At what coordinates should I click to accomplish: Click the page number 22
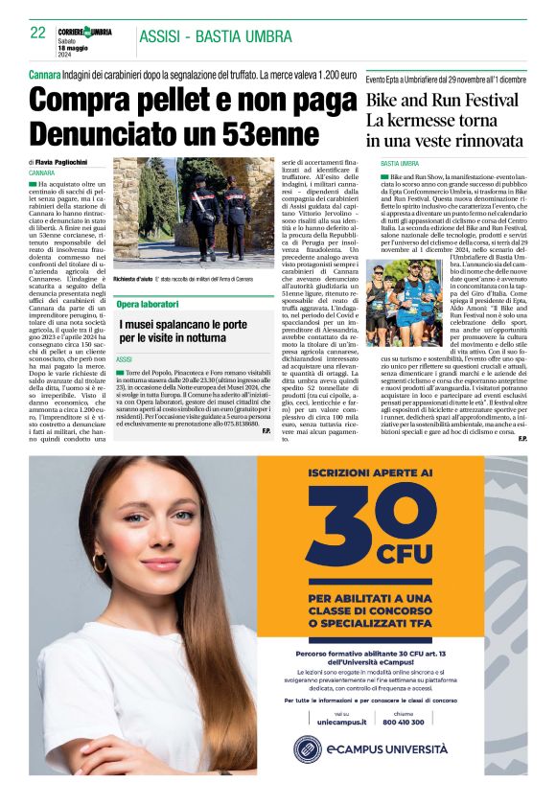click(x=38, y=32)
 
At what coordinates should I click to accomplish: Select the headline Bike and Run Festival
click(x=442, y=102)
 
